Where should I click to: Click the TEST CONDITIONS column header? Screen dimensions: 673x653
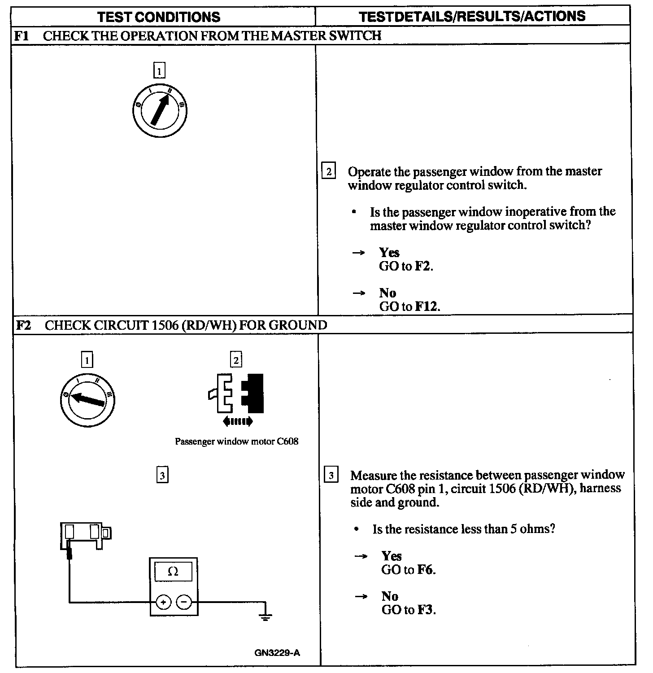coord(159,17)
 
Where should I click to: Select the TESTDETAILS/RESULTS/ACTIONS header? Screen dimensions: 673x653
coord(472,17)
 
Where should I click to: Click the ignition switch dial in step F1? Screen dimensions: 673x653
coord(160,109)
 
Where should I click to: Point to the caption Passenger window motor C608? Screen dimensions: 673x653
coord(236,441)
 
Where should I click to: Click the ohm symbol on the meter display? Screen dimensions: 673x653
coord(173,572)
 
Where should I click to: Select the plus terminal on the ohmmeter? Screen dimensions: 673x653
coord(164,602)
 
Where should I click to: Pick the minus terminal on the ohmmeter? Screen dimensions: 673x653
coord(184,602)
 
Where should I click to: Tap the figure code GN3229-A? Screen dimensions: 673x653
coord(277,653)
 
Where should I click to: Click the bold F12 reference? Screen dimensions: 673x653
coord(427,307)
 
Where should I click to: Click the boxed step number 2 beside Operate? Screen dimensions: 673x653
coord(329,171)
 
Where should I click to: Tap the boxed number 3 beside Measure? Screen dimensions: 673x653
coord(331,475)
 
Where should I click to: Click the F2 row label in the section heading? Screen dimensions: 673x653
coord(23,325)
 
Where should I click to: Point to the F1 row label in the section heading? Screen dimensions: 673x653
coord(22,36)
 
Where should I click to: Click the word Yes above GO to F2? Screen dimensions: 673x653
coord(389,253)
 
